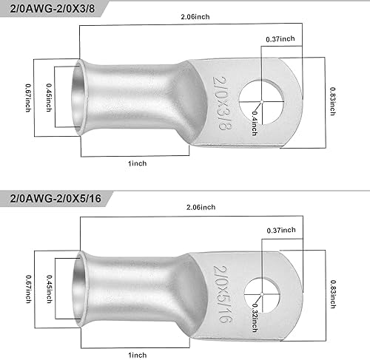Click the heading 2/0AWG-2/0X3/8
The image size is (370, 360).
click(53, 9)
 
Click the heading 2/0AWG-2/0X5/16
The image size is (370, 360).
click(55, 198)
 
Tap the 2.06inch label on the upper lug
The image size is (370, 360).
click(195, 17)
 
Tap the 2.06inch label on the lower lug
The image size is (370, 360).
click(201, 207)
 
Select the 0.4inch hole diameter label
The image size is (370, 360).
click(255, 123)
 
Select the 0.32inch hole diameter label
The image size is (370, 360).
click(255, 318)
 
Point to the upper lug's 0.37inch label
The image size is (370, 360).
click(280, 38)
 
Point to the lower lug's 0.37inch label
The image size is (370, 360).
click(281, 230)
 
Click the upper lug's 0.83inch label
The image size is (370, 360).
click(333, 101)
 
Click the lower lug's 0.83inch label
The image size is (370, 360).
click(333, 294)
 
